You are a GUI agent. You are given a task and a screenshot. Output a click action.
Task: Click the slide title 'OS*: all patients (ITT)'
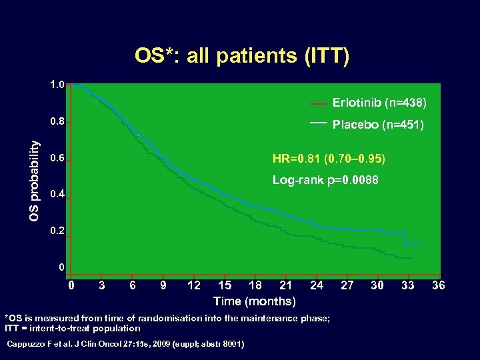(241, 55)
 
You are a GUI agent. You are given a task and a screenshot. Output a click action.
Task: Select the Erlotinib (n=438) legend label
(379, 103)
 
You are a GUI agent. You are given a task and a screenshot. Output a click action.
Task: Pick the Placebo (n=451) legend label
(378, 125)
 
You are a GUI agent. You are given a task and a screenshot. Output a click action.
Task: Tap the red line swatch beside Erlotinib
(319, 104)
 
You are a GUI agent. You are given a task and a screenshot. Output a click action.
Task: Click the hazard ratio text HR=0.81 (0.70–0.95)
(328, 159)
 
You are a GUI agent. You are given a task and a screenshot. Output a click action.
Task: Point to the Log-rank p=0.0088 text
(325, 181)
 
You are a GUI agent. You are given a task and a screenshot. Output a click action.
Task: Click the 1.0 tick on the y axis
(57, 85)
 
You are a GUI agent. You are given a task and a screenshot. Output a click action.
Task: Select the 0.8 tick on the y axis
(57, 123)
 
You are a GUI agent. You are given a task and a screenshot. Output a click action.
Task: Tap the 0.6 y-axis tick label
(57, 159)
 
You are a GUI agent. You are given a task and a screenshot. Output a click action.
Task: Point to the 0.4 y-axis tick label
(57, 195)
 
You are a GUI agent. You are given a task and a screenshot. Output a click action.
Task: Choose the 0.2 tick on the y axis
(57, 232)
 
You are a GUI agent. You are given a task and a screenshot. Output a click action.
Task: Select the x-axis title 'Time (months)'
(254, 301)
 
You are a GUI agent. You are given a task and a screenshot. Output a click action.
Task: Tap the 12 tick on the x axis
(194, 285)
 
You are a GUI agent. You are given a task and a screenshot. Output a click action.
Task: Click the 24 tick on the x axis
(317, 285)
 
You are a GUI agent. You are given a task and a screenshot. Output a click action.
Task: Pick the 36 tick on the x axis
(438, 285)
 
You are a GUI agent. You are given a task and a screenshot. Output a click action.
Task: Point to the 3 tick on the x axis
(101, 285)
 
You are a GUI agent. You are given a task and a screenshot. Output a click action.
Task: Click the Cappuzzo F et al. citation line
(125, 343)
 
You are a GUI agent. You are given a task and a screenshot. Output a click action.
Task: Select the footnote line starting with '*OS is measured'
(167, 318)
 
